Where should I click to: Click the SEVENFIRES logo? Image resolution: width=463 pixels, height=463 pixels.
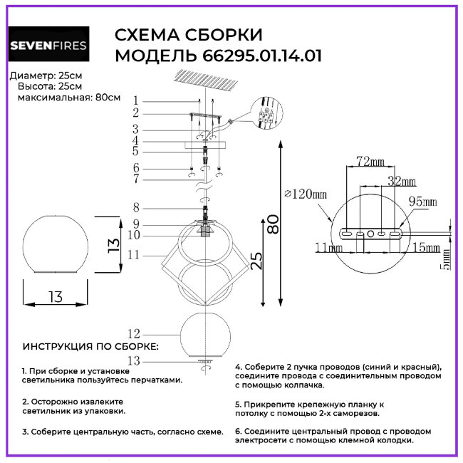[x=48, y=46]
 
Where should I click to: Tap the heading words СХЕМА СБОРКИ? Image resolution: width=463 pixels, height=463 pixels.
[x=188, y=36]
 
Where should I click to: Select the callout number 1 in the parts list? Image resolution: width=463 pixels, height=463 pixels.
[x=135, y=101]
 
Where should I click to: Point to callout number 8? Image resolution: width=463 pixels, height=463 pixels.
[x=135, y=208]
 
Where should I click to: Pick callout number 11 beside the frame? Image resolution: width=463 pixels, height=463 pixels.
[x=132, y=254]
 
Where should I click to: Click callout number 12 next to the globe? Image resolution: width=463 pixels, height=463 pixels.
[x=132, y=333]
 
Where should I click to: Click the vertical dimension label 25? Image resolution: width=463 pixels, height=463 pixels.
[x=255, y=261]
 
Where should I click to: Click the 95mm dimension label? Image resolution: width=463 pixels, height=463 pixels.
[x=423, y=202]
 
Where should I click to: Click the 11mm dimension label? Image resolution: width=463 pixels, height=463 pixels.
[x=328, y=247]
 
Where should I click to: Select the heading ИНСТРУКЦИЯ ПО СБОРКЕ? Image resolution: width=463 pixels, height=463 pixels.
[x=91, y=347]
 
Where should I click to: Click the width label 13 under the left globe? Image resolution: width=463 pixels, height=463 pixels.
[x=55, y=297]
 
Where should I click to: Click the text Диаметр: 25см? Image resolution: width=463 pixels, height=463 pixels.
[x=45, y=76]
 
